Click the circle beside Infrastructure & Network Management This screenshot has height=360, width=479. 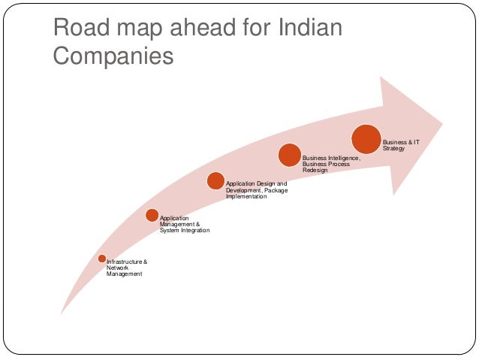pyautogui.click(x=101, y=259)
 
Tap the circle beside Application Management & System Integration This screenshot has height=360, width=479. pyautogui.click(x=152, y=216)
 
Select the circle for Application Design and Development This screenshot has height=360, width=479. pyautogui.click(x=215, y=180)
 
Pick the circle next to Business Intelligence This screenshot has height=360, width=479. pyautogui.click(x=290, y=155)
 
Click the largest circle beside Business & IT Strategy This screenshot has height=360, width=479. pyautogui.click(x=366, y=139)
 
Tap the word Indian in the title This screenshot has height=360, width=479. pyautogui.click(x=309, y=29)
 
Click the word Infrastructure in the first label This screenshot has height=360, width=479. pyautogui.click(x=123, y=262)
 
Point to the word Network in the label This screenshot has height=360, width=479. pyautogui.click(x=118, y=268)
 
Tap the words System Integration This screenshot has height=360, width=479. pyautogui.click(x=184, y=231)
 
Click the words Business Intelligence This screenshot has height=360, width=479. pyautogui.click(x=331, y=159)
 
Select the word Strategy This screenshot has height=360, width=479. pyautogui.click(x=394, y=149)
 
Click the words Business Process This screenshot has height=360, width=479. pyautogui.click(x=327, y=165)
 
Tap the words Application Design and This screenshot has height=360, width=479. pyautogui.click(x=256, y=183)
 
